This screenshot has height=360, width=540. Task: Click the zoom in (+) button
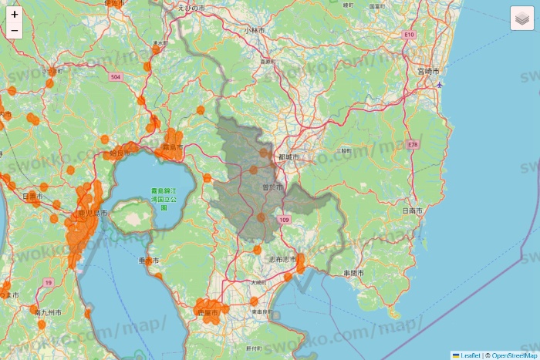click(15, 14)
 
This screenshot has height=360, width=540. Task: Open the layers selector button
click(522, 18)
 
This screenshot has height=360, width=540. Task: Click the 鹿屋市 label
click(209, 314)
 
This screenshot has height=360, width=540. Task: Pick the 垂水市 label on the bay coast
click(148, 261)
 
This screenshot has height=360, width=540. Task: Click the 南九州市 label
click(47, 312)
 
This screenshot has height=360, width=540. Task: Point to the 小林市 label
click(254, 30)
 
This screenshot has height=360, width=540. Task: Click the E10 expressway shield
click(409, 35)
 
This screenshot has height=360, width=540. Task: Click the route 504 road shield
click(116, 77)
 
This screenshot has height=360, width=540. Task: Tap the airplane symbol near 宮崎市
click(440, 84)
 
